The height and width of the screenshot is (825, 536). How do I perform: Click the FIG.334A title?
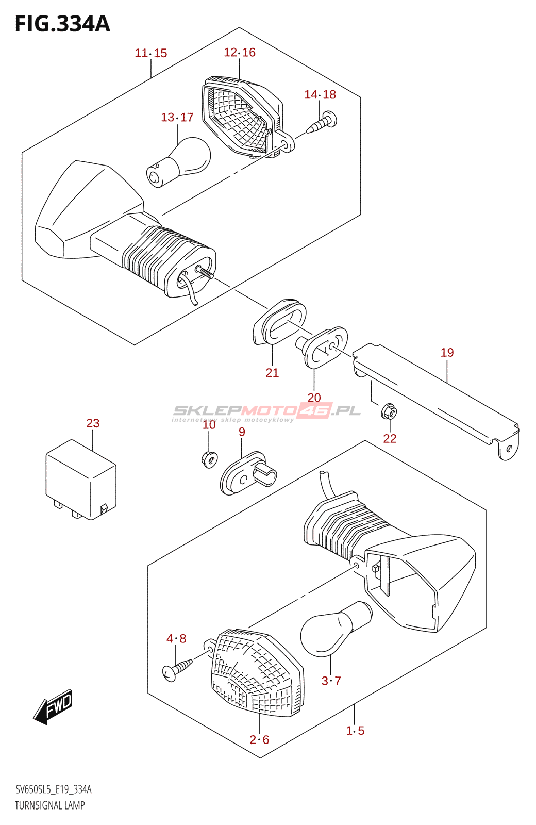pyautogui.click(x=62, y=24)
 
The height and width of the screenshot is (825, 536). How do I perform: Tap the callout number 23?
pyautogui.click(x=93, y=423)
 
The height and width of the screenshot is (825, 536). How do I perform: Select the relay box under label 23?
pyautogui.click(x=81, y=479)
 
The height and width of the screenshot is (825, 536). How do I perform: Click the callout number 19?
pyautogui.click(x=447, y=353)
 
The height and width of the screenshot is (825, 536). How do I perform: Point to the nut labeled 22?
pyautogui.click(x=390, y=412)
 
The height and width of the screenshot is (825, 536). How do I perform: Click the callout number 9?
pyautogui.click(x=242, y=432)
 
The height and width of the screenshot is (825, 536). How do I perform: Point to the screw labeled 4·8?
pyautogui.click(x=177, y=669)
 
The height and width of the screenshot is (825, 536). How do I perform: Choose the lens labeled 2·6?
pyautogui.click(x=256, y=672)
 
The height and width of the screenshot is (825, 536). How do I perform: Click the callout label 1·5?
pyautogui.click(x=355, y=731)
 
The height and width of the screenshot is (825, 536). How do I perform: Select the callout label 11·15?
pyautogui.click(x=151, y=53)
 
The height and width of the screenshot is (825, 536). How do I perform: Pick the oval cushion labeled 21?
pyautogui.click(x=279, y=321)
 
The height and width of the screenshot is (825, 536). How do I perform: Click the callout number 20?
pyautogui.click(x=314, y=398)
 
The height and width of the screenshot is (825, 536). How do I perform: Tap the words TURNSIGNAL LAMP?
pyautogui.click(x=50, y=805)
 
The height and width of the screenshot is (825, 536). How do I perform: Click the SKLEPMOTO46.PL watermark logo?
pyautogui.click(x=266, y=411)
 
